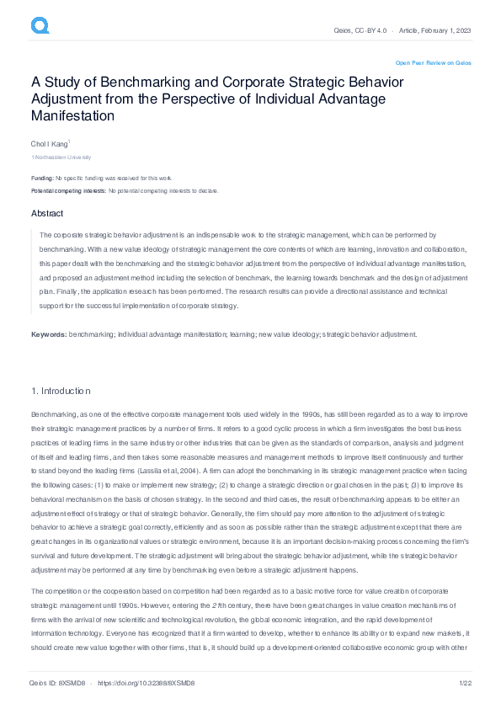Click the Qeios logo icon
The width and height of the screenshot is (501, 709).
40,27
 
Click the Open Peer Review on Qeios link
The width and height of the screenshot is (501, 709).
433,63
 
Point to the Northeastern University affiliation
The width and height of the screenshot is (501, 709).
62,157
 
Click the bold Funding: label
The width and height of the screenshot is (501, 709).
42,179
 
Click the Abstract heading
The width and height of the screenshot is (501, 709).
47,214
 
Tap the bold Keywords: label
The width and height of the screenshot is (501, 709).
49,334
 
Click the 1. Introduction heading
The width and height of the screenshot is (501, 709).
61,391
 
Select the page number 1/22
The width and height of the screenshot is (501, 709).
462,684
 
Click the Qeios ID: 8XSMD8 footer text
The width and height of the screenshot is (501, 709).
57,684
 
